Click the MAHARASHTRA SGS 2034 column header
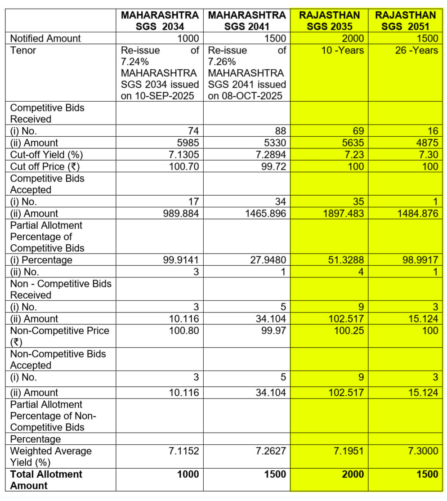tap(160, 21)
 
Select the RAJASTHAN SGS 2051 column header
tap(406, 21)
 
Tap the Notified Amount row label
tap(45, 39)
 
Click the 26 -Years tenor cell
tap(416, 50)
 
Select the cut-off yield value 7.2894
tap(271, 155)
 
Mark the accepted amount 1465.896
tap(265, 213)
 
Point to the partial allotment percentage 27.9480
tap(268, 260)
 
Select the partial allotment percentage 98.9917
tap(420, 260)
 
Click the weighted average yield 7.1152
tap(183, 451)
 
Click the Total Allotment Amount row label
tap(46, 480)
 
